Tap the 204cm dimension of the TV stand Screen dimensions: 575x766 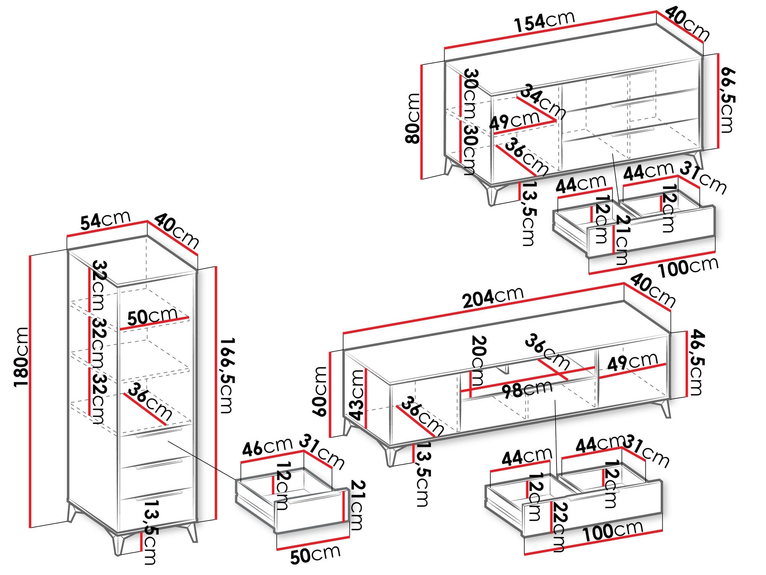pos(493,297)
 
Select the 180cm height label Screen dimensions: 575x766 pos(21,357)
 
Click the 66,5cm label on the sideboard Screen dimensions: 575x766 pos(727,100)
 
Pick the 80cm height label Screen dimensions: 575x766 pos(413,118)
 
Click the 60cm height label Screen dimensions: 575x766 pos(320,391)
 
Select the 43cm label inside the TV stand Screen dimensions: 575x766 pos(357,394)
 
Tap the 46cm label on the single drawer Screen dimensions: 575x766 pos(267,447)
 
